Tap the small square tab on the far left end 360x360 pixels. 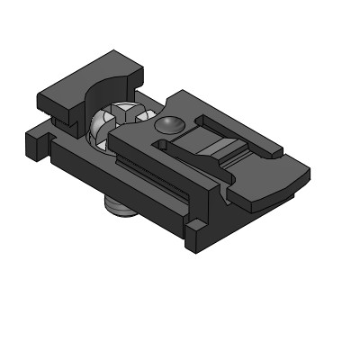33,142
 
